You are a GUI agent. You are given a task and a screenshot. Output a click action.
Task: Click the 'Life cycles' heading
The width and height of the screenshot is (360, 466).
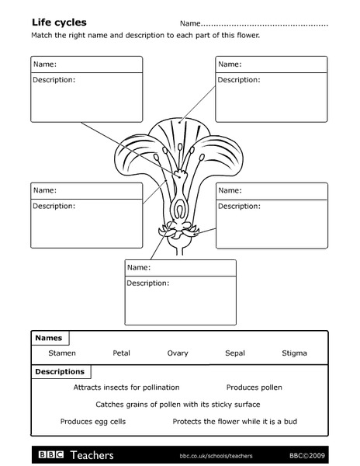click(58, 23)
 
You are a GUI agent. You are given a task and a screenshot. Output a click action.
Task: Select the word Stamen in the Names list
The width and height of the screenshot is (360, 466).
click(62, 353)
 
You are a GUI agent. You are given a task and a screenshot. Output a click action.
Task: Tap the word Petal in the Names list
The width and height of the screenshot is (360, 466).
click(121, 353)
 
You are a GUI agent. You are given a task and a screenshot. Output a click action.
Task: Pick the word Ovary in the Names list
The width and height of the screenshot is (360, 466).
click(178, 353)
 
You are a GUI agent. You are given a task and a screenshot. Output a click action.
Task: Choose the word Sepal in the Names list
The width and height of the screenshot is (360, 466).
click(235, 353)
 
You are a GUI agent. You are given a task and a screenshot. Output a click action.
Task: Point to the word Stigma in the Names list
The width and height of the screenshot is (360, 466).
click(294, 353)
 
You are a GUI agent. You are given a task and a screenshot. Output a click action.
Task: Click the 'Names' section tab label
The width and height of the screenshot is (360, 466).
click(48, 339)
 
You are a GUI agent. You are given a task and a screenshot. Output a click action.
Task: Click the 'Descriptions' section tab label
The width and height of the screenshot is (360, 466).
click(60, 372)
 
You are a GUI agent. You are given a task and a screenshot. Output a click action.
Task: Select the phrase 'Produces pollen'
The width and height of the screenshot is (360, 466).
click(254, 387)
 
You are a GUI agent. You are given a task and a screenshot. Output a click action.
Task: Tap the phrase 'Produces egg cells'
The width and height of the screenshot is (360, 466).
click(93, 422)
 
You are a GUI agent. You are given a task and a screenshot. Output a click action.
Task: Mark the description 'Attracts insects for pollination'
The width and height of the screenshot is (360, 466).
click(126, 387)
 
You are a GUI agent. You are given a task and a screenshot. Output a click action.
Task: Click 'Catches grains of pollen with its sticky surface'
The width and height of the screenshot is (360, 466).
click(178, 404)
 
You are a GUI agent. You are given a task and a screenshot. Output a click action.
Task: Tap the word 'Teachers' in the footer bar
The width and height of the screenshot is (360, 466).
click(92, 455)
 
